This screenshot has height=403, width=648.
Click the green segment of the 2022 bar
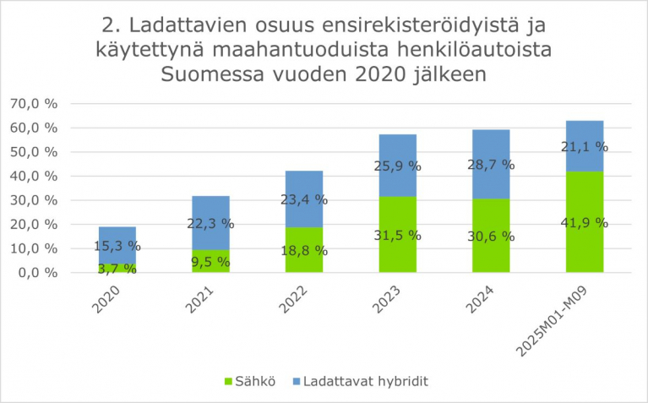coord(304,258)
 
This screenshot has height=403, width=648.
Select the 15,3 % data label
coord(117,246)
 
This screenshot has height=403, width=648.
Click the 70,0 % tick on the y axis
coord(34,103)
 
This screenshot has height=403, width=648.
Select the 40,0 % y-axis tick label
coord(34,176)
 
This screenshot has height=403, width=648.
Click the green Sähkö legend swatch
coord(229,381)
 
